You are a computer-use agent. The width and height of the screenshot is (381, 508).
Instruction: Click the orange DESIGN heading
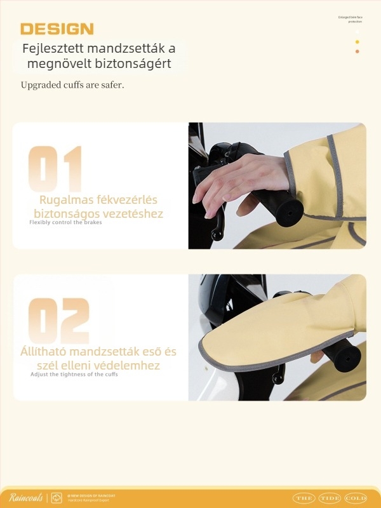pos(57,29)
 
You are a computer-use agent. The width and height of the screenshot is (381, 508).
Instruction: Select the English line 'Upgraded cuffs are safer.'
pos(72,84)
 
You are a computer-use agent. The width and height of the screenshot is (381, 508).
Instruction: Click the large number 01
pos(56,168)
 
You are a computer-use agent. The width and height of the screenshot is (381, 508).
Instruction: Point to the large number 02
pos(59,321)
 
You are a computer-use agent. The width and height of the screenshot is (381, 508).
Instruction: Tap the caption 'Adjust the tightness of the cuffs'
pos(74,374)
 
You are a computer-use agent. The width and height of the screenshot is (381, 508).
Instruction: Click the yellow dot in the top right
pos(358,42)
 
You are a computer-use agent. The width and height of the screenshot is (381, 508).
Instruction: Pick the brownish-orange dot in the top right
pos(358,51)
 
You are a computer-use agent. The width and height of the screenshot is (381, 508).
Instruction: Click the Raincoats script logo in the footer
pos(25,497)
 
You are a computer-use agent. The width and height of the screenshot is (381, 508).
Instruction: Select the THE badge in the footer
pos(304,498)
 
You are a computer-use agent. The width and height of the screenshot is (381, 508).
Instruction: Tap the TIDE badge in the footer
pos(330,498)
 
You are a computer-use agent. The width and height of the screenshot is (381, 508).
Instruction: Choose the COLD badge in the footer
pos(355,498)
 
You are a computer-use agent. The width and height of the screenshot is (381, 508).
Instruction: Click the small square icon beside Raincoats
pos(56,497)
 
